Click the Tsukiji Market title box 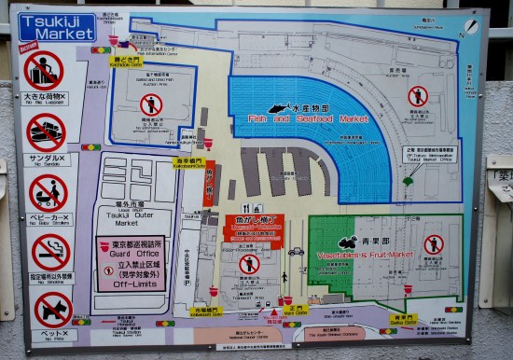(x=57, y=27)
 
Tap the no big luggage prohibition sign (x=43, y=70)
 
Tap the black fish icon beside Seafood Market (x=279, y=108)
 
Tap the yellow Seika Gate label (x=402, y=319)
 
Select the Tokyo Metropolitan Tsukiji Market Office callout (x=432, y=154)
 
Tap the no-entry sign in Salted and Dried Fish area (x=151, y=104)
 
